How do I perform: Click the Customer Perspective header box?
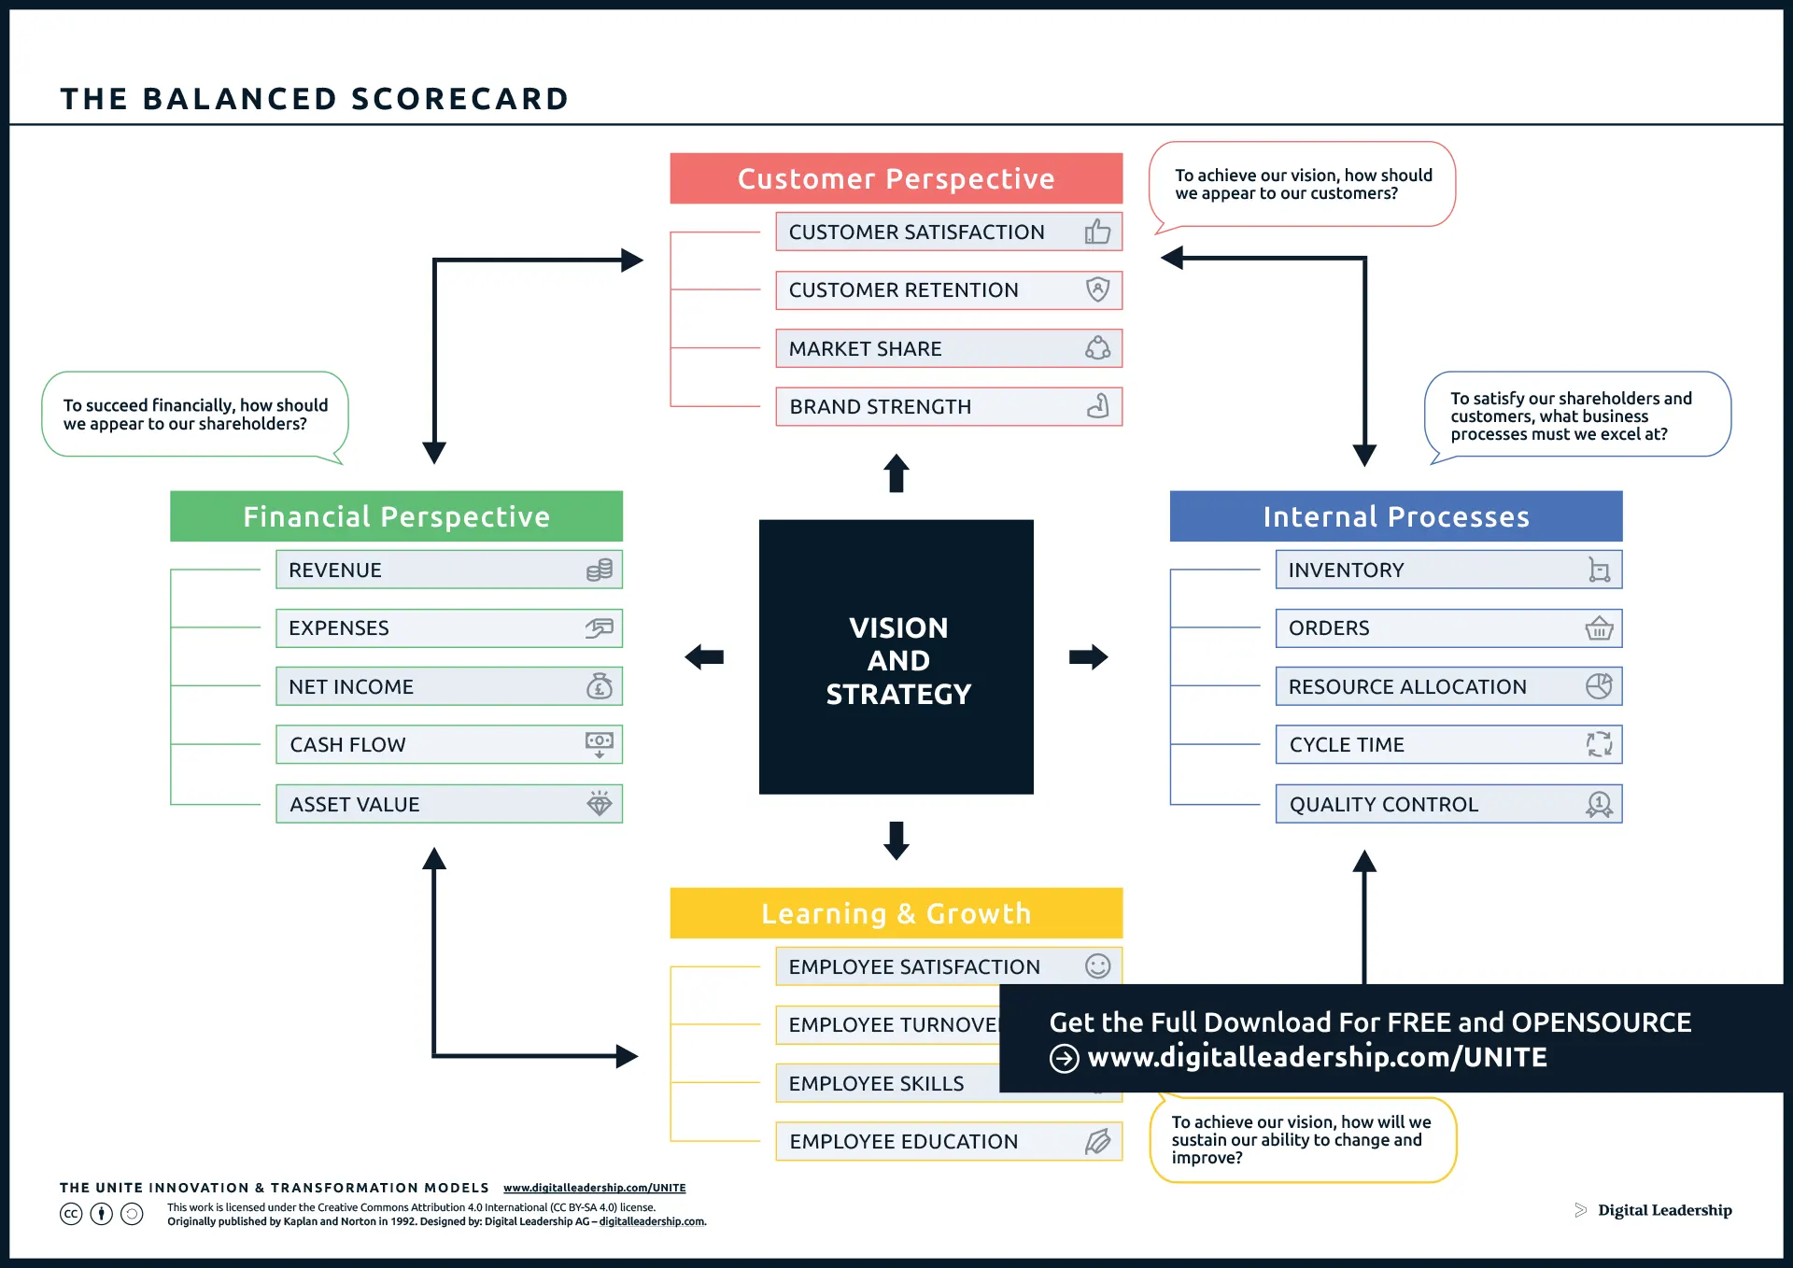[x=896, y=178]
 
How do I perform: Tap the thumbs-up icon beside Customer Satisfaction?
[x=1097, y=232]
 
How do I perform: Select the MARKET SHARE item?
[x=948, y=348]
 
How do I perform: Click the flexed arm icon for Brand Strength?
[x=1097, y=406]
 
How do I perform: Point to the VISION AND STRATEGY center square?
[x=896, y=657]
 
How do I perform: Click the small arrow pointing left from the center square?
[x=704, y=657]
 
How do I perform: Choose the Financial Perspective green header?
[x=396, y=516]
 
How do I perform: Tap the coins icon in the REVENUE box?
[x=599, y=570]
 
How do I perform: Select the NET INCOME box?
[x=448, y=686]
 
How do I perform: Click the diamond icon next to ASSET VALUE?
[x=599, y=803]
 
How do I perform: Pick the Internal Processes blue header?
[x=1395, y=516]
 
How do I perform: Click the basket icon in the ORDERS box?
[x=1599, y=628]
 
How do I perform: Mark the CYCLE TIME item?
[x=1447, y=744]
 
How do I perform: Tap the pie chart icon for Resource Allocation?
[x=1599, y=686]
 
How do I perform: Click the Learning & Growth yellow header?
[x=896, y=913]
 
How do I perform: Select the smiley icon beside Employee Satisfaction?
[x=1097, y=966]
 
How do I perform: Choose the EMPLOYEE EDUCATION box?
[x=948, y=1141]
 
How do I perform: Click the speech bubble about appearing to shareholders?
[x=194, y=415]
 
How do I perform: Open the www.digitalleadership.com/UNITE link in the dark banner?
[x=1317, y=1057]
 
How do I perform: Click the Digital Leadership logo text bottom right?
[x=1664, y=1210]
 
